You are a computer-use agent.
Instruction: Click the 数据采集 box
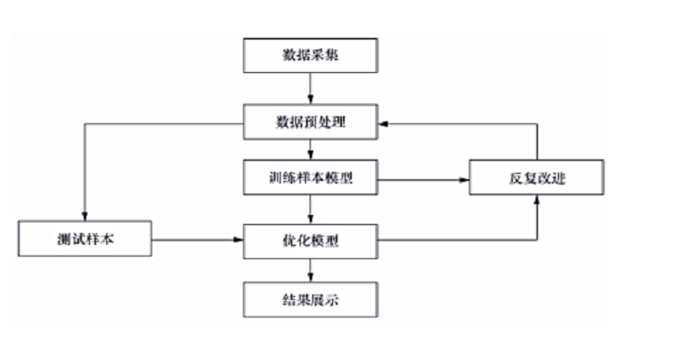310,56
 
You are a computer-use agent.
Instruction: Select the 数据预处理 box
310,121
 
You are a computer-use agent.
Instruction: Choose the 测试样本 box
85,240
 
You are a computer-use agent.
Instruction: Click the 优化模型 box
310,240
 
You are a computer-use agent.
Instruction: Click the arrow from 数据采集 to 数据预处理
310,88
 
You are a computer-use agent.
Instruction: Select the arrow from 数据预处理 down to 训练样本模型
310,150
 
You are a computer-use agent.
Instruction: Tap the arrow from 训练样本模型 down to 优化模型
310,210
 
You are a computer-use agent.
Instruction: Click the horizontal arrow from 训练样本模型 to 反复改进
423,180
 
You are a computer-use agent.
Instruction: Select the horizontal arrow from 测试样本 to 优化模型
198,240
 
